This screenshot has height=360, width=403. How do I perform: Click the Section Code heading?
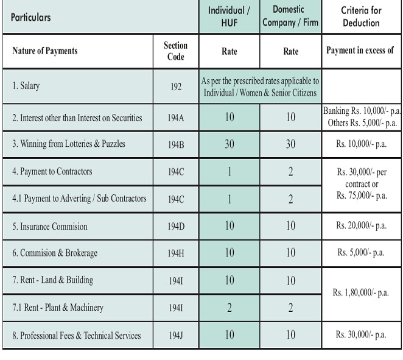pos(176,51)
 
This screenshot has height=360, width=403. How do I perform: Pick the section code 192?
pos(176,86)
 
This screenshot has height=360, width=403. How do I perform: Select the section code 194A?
pos(176,118)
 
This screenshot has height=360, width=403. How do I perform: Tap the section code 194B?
pos(176,144)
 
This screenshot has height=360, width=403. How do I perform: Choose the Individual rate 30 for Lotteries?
pos(230,144)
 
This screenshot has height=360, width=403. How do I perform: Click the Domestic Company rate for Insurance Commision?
pos(290,226)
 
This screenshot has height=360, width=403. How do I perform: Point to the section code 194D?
pos(176,227)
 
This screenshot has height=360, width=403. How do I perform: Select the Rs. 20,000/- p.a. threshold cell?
pos(362,226)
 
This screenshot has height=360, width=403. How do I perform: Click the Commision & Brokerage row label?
pos(55,253)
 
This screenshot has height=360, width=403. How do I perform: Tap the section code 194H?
pos(176,253)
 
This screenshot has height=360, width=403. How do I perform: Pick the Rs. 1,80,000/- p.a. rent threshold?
pos(362,293)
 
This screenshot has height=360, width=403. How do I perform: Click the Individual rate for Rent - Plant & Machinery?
pos(230,308)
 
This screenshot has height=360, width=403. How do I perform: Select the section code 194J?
pos(176,335)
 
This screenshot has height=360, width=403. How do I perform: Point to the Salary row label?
pos(26,86)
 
